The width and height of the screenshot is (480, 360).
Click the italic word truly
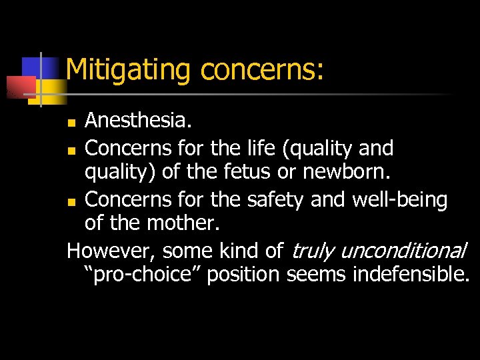313,251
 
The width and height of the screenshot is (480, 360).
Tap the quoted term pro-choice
143,275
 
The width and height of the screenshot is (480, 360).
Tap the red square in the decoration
19,87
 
